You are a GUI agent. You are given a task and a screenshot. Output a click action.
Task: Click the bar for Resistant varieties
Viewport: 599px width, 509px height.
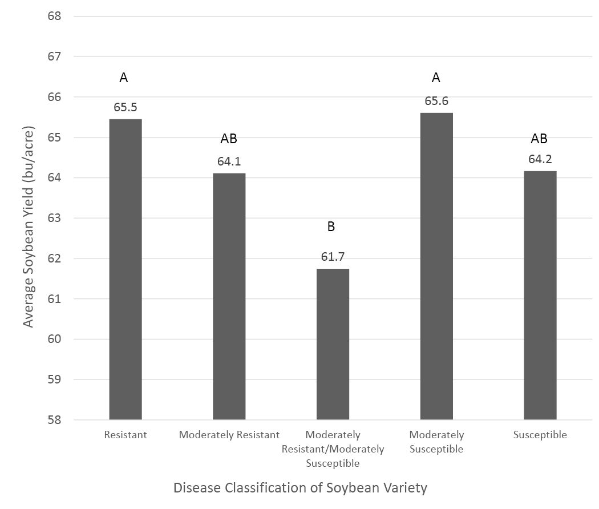coord(126,269)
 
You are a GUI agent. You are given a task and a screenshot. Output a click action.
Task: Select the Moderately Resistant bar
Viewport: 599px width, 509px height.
coord(229,297)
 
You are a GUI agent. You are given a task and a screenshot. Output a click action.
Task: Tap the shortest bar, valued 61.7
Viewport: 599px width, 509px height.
coord(333,344)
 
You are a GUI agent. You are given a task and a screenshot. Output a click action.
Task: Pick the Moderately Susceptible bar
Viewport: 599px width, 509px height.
coord(436,266)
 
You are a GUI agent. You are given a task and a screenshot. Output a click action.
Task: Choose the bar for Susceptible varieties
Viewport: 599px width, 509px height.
coord(540,296)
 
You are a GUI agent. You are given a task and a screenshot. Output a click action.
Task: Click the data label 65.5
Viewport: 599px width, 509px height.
coord(126,107)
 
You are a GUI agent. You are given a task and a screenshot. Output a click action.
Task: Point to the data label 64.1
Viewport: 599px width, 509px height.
coord(229,161)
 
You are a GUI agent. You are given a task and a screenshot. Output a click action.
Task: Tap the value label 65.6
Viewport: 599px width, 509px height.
coord(436,101)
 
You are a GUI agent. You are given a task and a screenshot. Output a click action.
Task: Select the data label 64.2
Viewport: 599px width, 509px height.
coord(540,159)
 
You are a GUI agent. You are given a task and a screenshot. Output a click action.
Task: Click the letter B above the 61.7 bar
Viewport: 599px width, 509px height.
coord(331,227)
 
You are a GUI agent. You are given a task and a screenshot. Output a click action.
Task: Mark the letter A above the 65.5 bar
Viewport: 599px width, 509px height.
coord(123,78)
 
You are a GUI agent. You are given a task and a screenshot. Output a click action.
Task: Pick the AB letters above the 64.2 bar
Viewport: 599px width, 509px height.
coord(539,138)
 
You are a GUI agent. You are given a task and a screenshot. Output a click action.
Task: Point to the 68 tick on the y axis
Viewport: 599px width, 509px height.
coord(54,16)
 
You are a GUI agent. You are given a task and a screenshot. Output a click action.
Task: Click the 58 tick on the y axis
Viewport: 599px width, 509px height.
coord(54,420)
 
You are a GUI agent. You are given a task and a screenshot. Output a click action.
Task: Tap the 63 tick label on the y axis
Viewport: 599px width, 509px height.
coord(54,218)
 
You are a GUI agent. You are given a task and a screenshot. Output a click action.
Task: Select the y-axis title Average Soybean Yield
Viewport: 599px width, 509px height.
coord(29,227)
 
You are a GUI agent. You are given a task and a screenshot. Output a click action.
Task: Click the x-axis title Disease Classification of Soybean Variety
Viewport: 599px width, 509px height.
coord(300,488)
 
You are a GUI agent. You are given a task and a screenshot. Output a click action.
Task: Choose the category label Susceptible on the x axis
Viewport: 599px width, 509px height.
coord(540,435)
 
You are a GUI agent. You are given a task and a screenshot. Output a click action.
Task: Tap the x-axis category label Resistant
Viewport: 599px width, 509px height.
coord(126,435)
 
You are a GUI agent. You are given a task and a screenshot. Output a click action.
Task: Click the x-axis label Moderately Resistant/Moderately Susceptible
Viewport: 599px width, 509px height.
coord(333,449)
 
